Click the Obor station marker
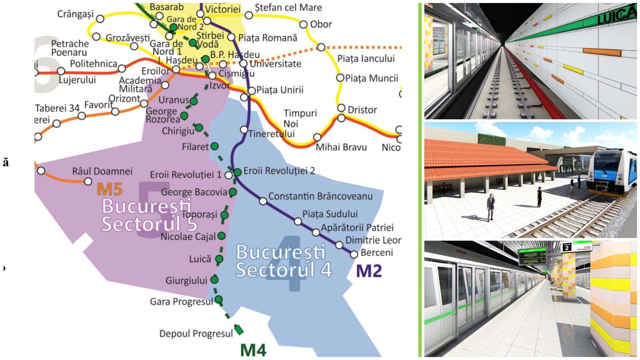coord(303,24)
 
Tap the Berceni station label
coord(377,253)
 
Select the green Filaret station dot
coord(215,146)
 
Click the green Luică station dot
coord(219,259)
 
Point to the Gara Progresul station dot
coord(219,299)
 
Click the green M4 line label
coord(253,350)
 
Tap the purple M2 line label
coord(369,271)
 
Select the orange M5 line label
coord(110,189)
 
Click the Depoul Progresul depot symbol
coord(239,330)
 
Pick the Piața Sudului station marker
coord(298,222)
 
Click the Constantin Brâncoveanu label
coord(320,196)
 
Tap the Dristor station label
coord(362,110)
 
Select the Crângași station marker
coord(100,19)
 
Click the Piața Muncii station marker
coord(340,78)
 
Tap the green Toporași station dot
coord(225,215)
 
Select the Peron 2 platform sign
coord(567,247)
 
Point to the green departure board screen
coord(532,256)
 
